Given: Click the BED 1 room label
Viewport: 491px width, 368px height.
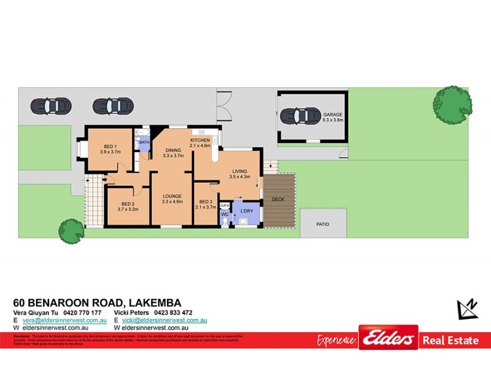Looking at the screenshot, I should tap(111, 146).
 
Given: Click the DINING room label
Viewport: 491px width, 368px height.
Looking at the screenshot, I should tap(173, 150).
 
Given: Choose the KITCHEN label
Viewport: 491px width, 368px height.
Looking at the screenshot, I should tap(200, 140).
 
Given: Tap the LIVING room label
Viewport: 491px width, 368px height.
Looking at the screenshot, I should tap(240, 172).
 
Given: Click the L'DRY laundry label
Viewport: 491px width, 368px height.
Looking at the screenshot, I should tap(247, 211).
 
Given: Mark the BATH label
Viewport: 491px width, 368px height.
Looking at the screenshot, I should tap(144, 142).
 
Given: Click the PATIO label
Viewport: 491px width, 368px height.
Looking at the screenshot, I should tap(323, 224).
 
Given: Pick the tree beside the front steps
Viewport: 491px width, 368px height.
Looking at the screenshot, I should tap(71, 231).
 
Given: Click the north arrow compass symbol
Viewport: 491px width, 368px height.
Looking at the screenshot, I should tap(468, 308).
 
